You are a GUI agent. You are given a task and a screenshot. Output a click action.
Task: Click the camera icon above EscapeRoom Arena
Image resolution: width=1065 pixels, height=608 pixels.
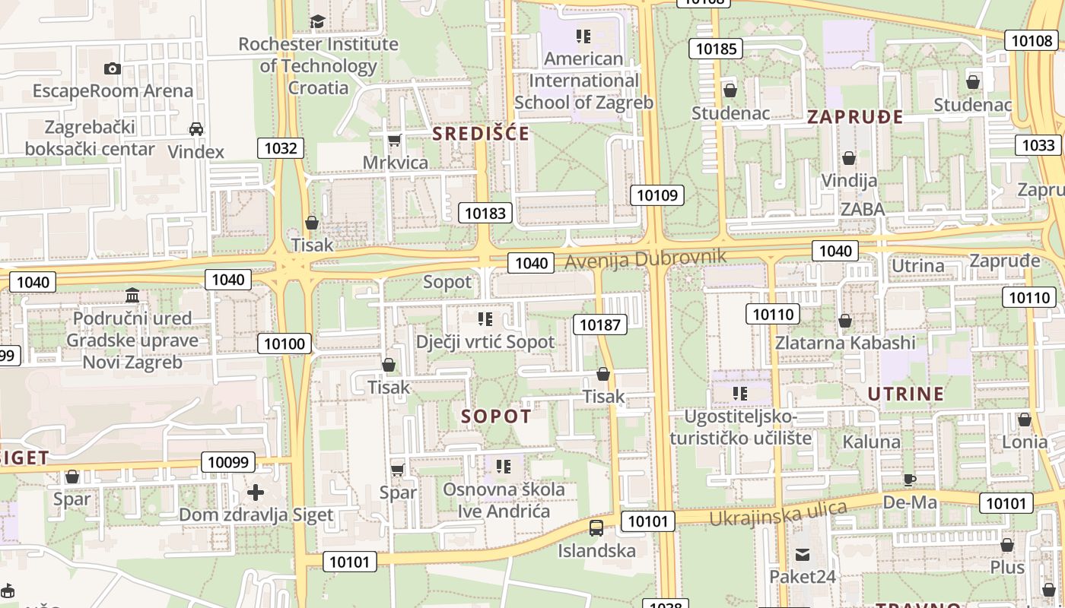tap(113, 68)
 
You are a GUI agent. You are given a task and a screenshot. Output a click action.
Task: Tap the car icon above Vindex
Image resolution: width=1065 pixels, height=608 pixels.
tap(196, 129)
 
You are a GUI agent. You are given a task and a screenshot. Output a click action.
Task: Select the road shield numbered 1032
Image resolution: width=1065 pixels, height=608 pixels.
tap(280, 147)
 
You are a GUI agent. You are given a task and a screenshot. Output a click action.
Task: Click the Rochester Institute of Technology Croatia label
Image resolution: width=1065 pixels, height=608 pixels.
tap(318, 65)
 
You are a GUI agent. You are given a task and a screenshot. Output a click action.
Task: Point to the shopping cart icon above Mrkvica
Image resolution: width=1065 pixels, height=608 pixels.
tap(394, 140)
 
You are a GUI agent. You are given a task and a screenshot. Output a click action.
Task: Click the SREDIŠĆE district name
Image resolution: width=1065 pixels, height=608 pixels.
tap(481, 134)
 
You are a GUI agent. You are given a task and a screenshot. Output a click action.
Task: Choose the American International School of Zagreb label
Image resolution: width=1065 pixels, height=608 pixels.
tap(583, 81)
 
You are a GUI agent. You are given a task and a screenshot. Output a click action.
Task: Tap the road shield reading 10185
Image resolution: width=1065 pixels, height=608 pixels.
tap(716, 49)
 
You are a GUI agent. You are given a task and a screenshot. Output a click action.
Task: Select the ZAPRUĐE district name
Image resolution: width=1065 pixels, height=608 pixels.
tap(855, 117)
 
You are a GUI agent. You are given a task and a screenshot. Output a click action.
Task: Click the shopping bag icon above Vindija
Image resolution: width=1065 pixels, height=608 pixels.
tap(849, 158)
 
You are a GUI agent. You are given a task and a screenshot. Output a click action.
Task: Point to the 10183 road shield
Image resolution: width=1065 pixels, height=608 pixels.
tap(485, 213)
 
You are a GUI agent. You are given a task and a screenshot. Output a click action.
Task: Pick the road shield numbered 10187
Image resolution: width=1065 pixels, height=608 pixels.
tap(599, 325)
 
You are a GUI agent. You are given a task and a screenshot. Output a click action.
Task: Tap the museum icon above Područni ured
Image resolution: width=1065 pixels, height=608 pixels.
tap(132, 295)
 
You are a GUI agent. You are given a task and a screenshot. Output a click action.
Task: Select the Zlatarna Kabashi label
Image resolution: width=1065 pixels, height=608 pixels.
tap(845, 343)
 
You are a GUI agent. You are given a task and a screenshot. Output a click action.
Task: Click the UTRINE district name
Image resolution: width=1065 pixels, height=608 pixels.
tap(906, 394)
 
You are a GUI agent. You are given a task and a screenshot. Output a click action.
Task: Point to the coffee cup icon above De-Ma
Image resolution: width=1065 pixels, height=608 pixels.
tap(909, 479)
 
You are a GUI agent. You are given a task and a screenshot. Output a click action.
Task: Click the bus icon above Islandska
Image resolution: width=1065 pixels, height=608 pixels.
tap(596, 527)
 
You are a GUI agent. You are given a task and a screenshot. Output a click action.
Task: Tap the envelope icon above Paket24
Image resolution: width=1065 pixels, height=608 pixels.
tap(803, 555)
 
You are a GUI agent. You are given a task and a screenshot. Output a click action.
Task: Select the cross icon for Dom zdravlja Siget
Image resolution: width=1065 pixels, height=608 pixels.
tap(256, 492)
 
